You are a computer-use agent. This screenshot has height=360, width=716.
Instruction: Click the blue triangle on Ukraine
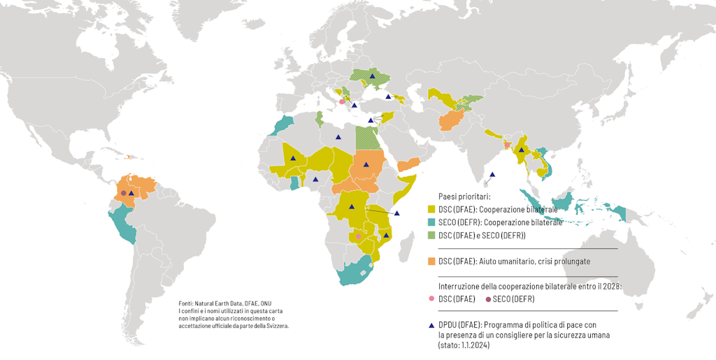pyautogui.click(x=373, y=75)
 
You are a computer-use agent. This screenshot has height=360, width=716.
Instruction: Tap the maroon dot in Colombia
pyautogui.click(x=123, y=193)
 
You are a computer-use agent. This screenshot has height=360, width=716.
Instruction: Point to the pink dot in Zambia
pyautogui.click(x=358, y=236)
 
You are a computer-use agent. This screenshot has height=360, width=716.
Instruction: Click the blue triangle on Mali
pyautogui.click(x=294, y=159)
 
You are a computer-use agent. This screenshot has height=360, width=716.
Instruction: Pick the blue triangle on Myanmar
pyautogui.click(x=521, y=150)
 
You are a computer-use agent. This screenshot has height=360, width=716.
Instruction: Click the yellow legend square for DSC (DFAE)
pyautogui.click(x=431, y=210)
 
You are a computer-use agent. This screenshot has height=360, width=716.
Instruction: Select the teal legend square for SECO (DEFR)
pyautogui.click(x=431, y=223)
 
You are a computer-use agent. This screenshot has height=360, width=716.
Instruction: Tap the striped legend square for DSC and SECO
pyautogui.click(x=431, y=236)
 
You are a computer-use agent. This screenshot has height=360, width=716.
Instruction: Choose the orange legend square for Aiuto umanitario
pyautogui.click(x=431, y=261)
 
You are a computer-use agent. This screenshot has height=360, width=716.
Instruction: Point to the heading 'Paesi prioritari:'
pyautogui.click(x=464, y=197)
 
